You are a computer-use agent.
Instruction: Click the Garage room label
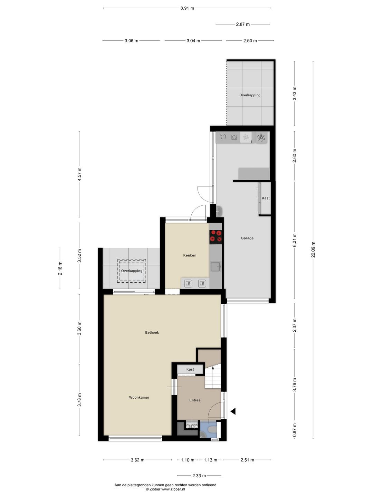[x=247, y=238]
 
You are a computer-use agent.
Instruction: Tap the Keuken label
[x=190, y=255]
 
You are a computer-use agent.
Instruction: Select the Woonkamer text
[x=139, y=398]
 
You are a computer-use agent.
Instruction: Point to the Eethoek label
[x=152, y=333]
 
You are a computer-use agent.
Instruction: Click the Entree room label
[x=195, y=400]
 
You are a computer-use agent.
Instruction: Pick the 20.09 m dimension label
[x=313, y=249]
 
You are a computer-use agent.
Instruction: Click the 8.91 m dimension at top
[x=187, y=8]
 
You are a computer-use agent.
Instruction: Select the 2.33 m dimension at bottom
[x=199, y=476]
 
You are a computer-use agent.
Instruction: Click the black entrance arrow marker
[x=233, y=411]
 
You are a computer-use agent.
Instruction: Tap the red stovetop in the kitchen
[x=216, y=236]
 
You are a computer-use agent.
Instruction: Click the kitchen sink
[x=216, y=266]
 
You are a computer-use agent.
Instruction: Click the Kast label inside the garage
[x=266, y=198]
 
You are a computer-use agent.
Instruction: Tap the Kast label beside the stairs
[x=190, y=369]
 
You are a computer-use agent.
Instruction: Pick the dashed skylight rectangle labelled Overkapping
[x=132, y=271]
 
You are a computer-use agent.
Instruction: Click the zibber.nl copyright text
[x=165, y=489]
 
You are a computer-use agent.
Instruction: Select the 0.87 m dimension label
[x=295, y=431]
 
